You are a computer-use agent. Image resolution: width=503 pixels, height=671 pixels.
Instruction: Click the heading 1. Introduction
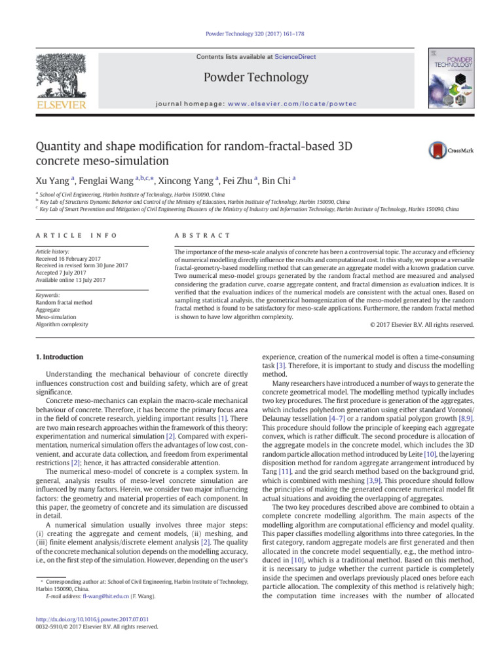click(58, 357)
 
